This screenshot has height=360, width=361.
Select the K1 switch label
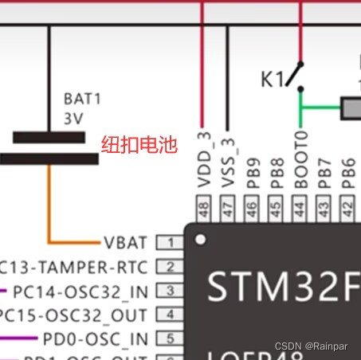coord(272,80)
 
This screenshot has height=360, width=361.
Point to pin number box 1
coord(168,242)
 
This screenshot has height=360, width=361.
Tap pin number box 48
coord(204,209)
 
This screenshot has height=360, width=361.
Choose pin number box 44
coord(300,209)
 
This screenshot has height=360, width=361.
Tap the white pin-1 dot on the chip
coord(202,239)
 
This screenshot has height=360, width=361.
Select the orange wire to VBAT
coord(49,207)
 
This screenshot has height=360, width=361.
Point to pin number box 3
coord(168,291)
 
